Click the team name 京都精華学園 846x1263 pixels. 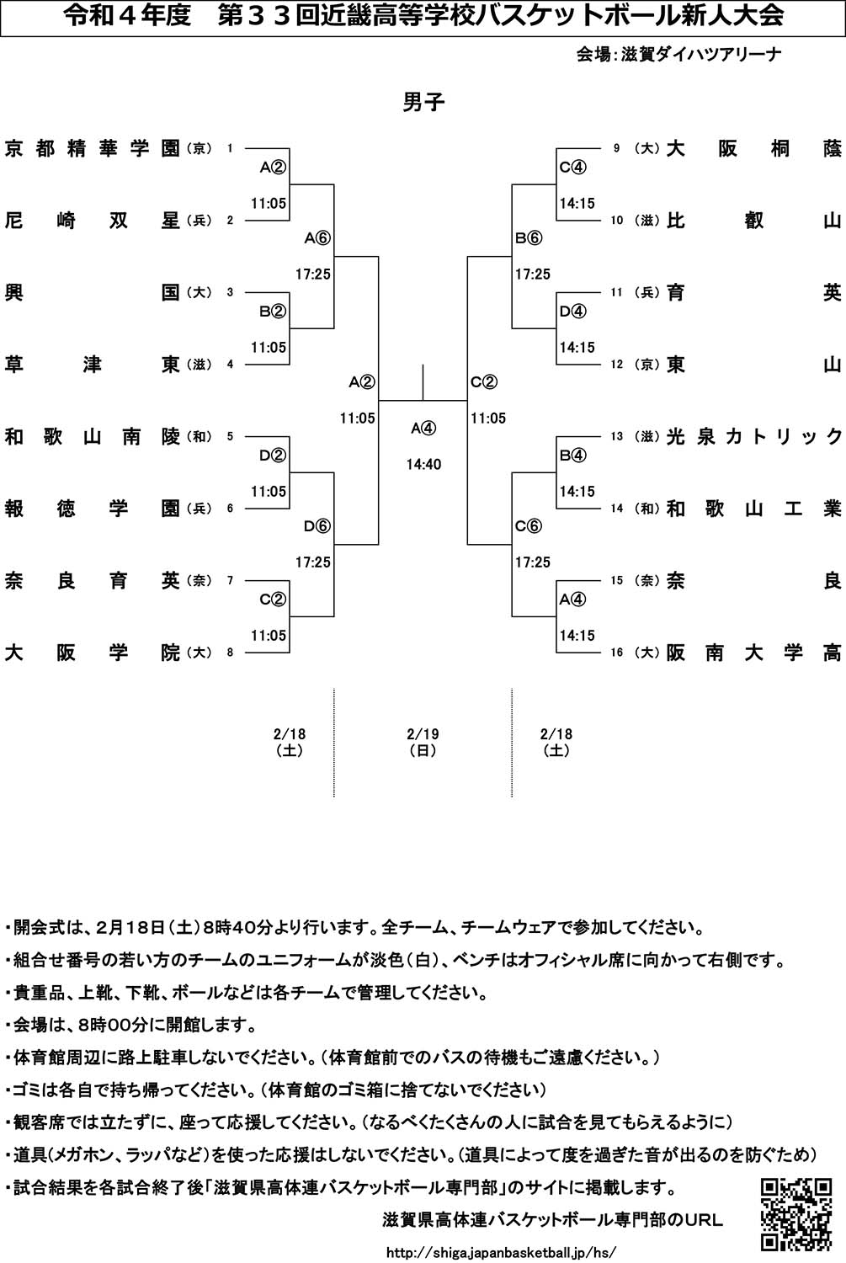click(x=93, y=149)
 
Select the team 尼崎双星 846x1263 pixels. click(x=93, y=221)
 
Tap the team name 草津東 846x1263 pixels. click(x=93, y=365)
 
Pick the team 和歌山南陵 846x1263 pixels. click(x=93, y=437)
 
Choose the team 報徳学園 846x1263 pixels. click(x=93, y=509)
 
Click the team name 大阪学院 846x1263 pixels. click(x=93, y=653)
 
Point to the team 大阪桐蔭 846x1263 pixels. click(x=753, y=149)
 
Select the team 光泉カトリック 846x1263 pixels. click(x=753, y=437)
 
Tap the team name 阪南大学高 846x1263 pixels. click(x=753, y=653)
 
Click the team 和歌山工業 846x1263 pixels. click(x=753, y=509)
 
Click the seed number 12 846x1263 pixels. click(x=617, y=365)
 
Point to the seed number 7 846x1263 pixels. click(x=230, y=581)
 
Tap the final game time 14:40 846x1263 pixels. click(x=423, y=465)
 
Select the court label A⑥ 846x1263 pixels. click(x=317, y=239)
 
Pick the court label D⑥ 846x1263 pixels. click(x=317, y=527)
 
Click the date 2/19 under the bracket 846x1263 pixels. click(x=423, y=734)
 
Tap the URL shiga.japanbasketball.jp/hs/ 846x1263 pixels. click(x=500, y=1252)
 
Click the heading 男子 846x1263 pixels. click(x=423, y=103)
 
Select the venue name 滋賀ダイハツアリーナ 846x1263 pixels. click(x=701, y=55)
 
